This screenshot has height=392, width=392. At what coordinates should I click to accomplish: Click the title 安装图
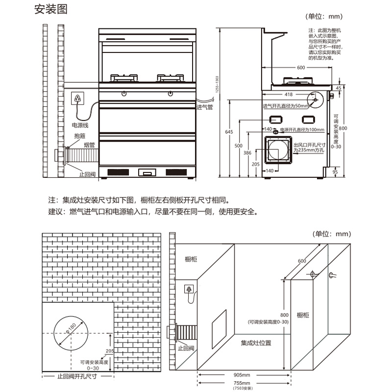(x=50, y=9)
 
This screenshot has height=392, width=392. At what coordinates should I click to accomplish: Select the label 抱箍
(x=80, y=136)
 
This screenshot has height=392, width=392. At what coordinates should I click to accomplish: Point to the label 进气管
(x=204, y=107)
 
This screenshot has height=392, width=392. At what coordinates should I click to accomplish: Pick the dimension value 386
(x=247, y=153)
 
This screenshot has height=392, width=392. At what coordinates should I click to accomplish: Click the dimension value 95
(x=335, y=171)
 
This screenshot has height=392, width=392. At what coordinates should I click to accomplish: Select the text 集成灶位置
(x=256, y=343)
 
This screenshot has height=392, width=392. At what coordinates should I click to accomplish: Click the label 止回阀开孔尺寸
(x=76, y=377)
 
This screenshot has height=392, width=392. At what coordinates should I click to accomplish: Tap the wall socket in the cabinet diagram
(x=189, y=289)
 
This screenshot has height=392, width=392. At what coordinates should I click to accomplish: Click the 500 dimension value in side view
(x=238, y=146)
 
